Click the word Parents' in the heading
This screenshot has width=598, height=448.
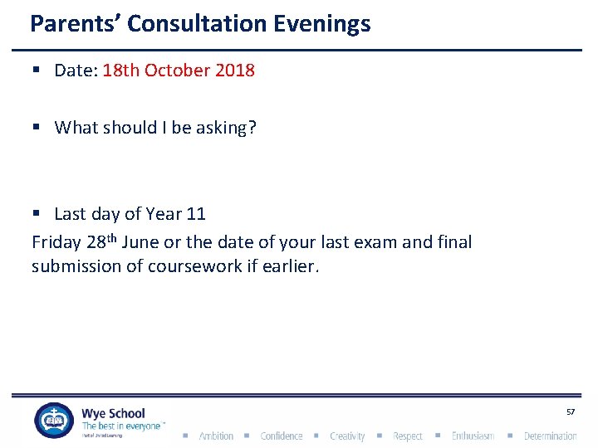pos(76,23)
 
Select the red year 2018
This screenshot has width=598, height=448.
pos(235,71)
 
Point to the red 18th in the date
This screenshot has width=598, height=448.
pos(121,71)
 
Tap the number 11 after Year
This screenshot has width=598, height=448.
pos(196,214)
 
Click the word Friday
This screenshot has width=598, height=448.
pos(56,242)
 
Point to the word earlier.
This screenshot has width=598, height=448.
pos(291,265)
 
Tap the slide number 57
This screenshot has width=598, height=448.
pos(571,412)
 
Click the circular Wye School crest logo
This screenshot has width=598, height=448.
pos(53,421)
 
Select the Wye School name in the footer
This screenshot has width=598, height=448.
pos(113,413)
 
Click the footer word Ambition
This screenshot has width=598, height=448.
pos(216,436)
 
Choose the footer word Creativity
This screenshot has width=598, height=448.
pos(347,436)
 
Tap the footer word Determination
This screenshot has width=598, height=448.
pos(550,436)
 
